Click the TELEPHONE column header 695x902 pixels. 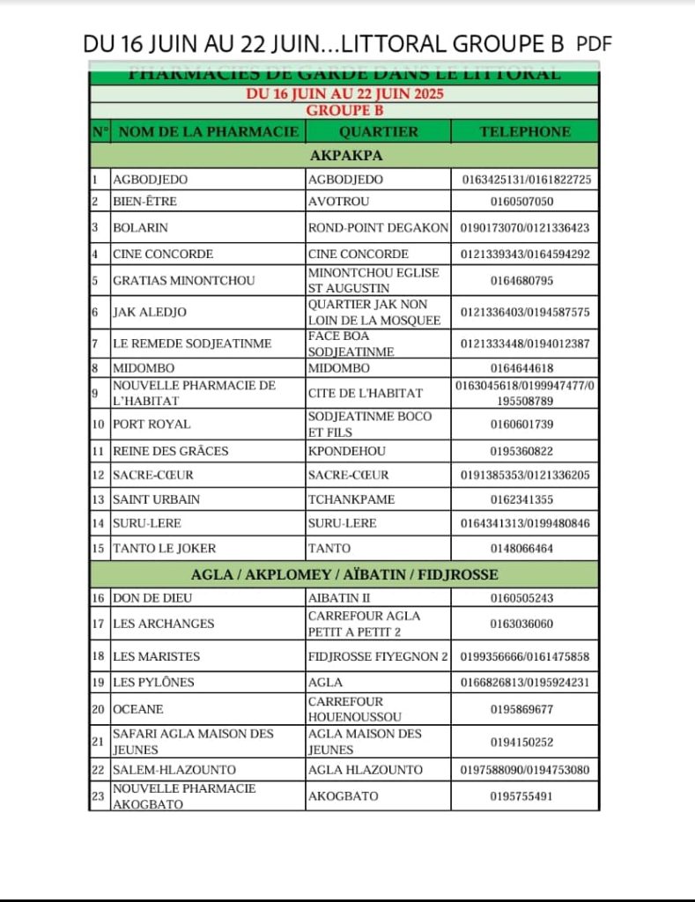tap(525, 132)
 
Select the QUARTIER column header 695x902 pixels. tap(378, 132)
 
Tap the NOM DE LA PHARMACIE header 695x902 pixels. tap(209, 132)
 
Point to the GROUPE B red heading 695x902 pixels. tap(344, 110)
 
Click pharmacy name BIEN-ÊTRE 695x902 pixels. tap(145, 202)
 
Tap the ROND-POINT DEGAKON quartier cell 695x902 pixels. tap(378, 227)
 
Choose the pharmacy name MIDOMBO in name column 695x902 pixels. tap(144, 368)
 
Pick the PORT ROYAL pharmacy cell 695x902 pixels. tap(152, 424)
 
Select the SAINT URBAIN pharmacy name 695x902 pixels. tap(157, 499)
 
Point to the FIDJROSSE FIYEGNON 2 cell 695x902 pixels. tap(378, 656)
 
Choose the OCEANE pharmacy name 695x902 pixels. tap(138, 709)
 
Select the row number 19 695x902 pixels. tap(99, 683)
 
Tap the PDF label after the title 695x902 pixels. tap(594, 43)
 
